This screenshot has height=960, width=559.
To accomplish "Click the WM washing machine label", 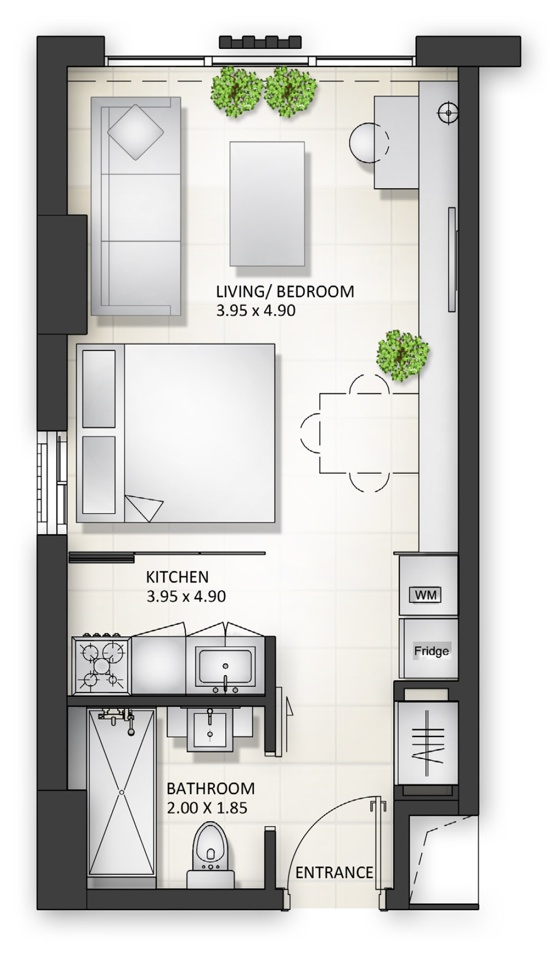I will [425, 595].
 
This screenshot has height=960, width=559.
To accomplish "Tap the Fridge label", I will [431, 651].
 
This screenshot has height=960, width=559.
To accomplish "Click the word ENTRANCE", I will [334, 872].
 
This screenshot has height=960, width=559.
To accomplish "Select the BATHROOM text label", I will [211, 789].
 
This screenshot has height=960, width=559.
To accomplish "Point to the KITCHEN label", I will [177, 577].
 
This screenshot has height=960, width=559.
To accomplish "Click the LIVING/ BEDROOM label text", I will [285, 292].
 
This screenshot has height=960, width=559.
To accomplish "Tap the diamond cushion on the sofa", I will [135, 132].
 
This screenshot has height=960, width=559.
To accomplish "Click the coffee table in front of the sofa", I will [267, 203].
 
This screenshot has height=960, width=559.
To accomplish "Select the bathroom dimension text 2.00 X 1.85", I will [207, 808].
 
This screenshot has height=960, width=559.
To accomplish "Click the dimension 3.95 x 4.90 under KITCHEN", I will [186, 596].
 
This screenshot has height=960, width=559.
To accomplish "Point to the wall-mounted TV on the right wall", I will [451, 259].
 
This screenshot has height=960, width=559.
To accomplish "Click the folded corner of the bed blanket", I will [143, 508].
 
